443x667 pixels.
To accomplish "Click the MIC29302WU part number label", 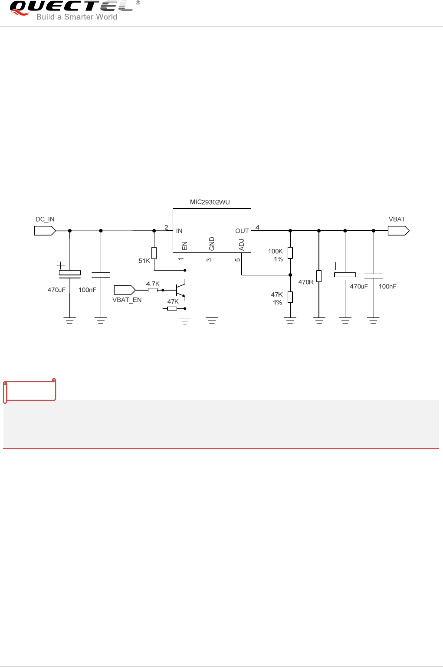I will [x=210, y=202].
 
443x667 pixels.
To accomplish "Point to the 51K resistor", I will [x=154, y=253].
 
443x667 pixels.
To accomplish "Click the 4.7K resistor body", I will [x=153, y=290].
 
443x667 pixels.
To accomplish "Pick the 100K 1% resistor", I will [x=290, y=253].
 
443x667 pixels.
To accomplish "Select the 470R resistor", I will [x=319, y=276].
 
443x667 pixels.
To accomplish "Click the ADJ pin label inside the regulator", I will [x=242, y=245].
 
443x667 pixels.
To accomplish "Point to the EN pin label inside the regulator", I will [x=184, y=246].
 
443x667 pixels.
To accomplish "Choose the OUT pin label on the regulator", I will [x=242, y=231].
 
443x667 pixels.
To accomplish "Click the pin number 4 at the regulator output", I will [x=257, y=227].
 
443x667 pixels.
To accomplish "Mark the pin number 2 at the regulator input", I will [x=166, y=227].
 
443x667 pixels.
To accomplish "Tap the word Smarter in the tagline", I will [x=79, y=17].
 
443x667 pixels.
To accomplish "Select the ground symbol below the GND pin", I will [x=212, y=321].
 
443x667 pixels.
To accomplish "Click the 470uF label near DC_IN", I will [x=56, y=290].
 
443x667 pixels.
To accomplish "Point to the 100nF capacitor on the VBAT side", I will [x=374, y=275].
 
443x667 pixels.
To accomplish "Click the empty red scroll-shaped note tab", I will [x=30, y=390].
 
